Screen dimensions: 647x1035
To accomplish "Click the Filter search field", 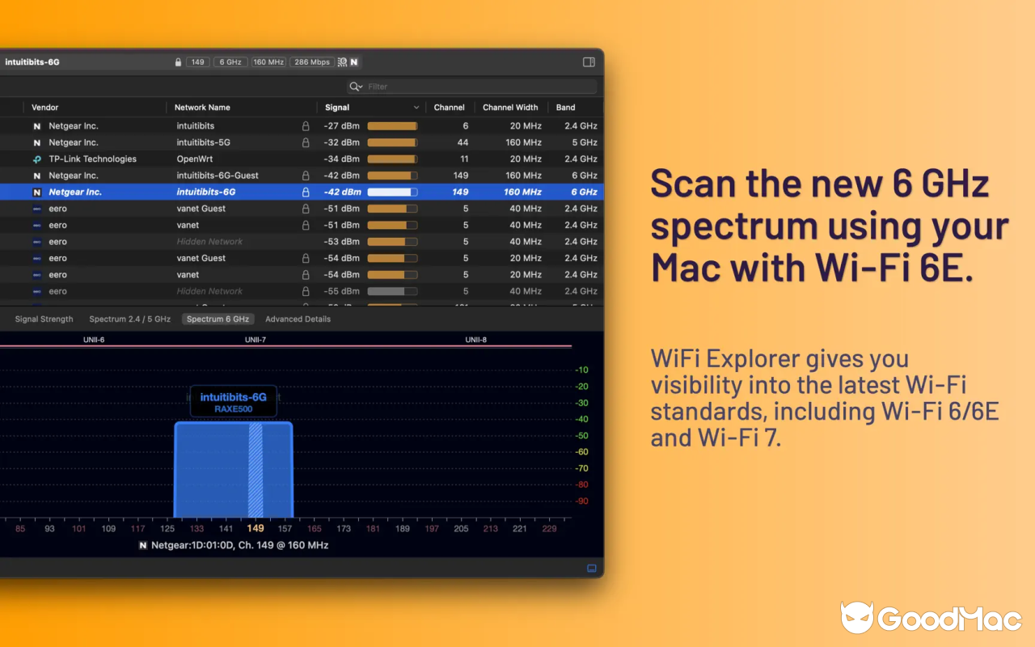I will [477, 87].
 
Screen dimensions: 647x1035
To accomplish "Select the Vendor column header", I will [45, 108].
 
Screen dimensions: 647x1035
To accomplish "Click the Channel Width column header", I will [510, 108].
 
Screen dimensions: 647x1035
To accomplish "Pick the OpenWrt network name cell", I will [194, 159].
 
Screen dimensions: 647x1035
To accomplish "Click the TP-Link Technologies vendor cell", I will [92, 159].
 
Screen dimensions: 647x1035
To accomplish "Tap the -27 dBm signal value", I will [341, 126].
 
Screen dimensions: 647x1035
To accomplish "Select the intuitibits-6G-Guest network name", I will [218, 175].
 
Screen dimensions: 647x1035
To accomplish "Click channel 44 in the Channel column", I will [463, 142].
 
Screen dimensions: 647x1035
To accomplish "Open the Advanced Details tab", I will [298, 319].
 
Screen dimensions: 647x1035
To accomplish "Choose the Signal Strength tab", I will [44, 319].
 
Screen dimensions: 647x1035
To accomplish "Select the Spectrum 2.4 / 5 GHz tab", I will [129, 319].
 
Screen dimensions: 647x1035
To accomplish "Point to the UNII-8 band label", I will [476, 340].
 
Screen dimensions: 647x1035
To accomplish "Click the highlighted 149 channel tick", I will [256, 529].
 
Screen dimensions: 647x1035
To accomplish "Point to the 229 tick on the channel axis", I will [550, 529].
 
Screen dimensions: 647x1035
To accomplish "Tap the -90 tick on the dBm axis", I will [581, 501].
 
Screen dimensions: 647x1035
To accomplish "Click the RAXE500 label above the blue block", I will [233, 409].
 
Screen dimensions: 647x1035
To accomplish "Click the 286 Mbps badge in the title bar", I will [311, 62].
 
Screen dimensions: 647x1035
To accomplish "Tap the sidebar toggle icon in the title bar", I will [589, 62].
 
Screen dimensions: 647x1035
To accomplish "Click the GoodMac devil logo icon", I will [856, 617].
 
